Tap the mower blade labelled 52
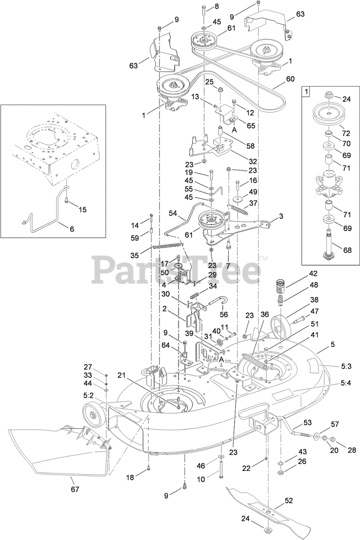click(x=270, y=509)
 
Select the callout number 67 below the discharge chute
click(x=75, y=489)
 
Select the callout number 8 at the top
click(x=217, y=6)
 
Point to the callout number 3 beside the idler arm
click(x=281, y=216)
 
